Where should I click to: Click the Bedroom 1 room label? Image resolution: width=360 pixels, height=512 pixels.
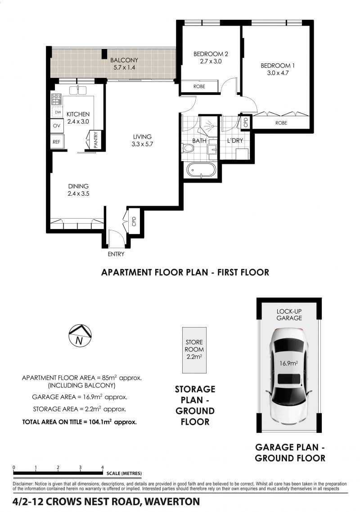click(277, 66)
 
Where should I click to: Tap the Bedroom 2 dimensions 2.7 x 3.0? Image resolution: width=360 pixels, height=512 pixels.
click(211, 61)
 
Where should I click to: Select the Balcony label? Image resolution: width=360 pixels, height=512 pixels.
click(124, 60)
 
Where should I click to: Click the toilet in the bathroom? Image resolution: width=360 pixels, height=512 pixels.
click(188, 148)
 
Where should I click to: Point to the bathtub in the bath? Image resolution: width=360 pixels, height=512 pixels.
click(201, 170)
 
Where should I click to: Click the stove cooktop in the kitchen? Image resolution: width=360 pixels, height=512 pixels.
click(57, 99)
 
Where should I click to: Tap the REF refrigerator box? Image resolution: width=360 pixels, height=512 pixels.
click(57, 142)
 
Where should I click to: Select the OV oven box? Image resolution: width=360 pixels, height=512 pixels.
click(57, 126)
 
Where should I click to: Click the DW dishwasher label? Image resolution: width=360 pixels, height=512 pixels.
click(58, 112)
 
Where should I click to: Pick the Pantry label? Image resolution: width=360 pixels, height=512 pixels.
click(95, 140)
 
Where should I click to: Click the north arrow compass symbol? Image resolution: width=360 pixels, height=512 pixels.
click(80, 336)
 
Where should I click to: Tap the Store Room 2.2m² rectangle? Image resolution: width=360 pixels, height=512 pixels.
click(194, 350)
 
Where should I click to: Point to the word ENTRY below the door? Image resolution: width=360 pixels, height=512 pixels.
click(116, 254)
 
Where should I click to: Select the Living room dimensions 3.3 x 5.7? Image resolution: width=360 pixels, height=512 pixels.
click(142, 144)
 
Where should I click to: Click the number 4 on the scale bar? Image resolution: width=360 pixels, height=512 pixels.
click(103, 467)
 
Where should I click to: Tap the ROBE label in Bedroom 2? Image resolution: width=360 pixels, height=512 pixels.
click(199, 86)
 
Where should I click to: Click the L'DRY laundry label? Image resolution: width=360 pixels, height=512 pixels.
click(235, 141)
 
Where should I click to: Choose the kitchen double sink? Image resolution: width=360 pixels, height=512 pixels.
click(78, 90)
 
